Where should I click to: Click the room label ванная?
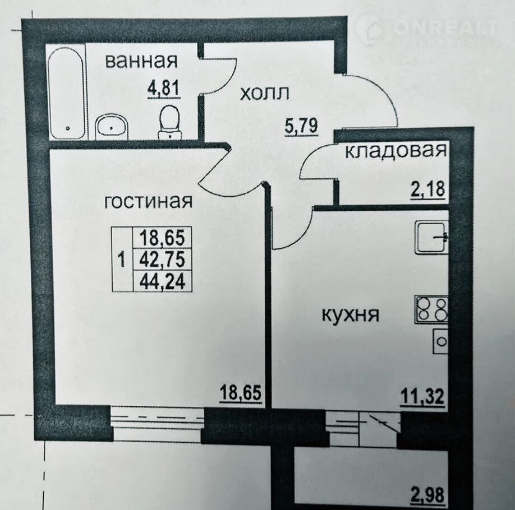click(141, 61)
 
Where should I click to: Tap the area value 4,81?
click(164, 88)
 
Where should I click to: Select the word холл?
click(265, 94)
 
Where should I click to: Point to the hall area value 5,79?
click(301, 126)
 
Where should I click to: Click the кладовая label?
click(396, 151)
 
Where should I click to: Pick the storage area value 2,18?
click(428, 189)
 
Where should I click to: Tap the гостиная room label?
click(148, 201)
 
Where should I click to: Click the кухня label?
click(351, 315)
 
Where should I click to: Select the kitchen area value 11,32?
click(422, 396)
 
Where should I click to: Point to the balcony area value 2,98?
click(427, 495)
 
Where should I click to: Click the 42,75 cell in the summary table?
click(162, 259)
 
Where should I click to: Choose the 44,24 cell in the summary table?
click(162, 281)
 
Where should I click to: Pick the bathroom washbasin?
click(111, 128)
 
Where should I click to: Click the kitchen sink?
click(431, 237)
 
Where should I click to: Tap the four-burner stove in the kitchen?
click(431, 309)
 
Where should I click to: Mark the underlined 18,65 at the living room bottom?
click(241, 392)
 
